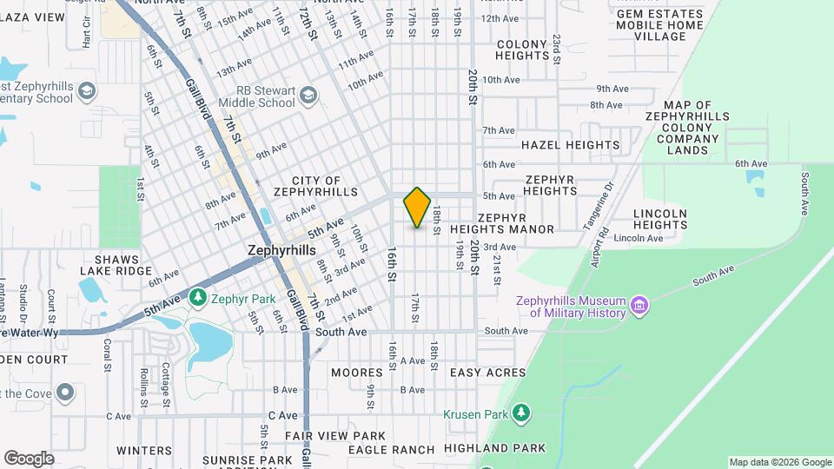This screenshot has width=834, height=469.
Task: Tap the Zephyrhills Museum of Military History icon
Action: (x=640, y=306)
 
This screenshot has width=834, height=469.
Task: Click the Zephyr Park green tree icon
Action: (x=199, y=299)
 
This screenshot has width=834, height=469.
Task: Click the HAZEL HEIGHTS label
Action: (x=570, y=145)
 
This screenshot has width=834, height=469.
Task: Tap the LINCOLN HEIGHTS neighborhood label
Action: (x=660, y=219)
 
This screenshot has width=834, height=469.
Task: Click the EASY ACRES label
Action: (x=487, y=373)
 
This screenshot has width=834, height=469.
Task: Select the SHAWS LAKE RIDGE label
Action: (x=122, y=265)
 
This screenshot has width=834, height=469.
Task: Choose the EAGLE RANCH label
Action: (x=391, y=449)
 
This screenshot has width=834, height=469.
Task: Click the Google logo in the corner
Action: (x=29, y=458)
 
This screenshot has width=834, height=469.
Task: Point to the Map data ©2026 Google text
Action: (x=779, y=462)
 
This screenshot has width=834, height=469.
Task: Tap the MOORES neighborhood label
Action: (x=356, y=373)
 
